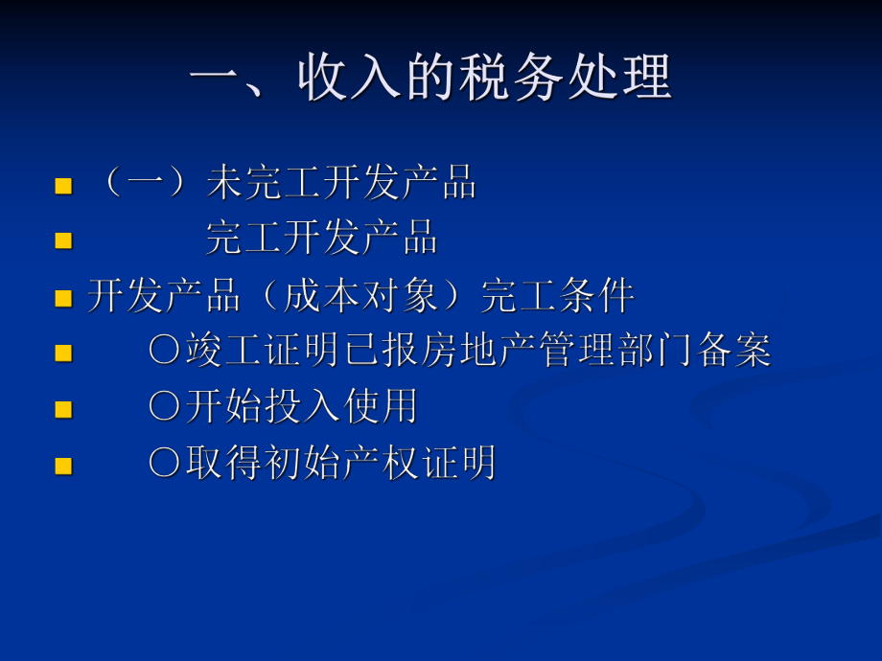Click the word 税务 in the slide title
point(528,77)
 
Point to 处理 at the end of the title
point(629,77)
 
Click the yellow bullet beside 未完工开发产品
point(63,186)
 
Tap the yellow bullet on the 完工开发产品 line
point(63,240)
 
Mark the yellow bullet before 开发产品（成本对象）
point(63,298)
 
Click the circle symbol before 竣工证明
point(164,352)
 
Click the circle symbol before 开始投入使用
point(164,407)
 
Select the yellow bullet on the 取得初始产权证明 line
point(63,466)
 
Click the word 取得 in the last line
point(222,464)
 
